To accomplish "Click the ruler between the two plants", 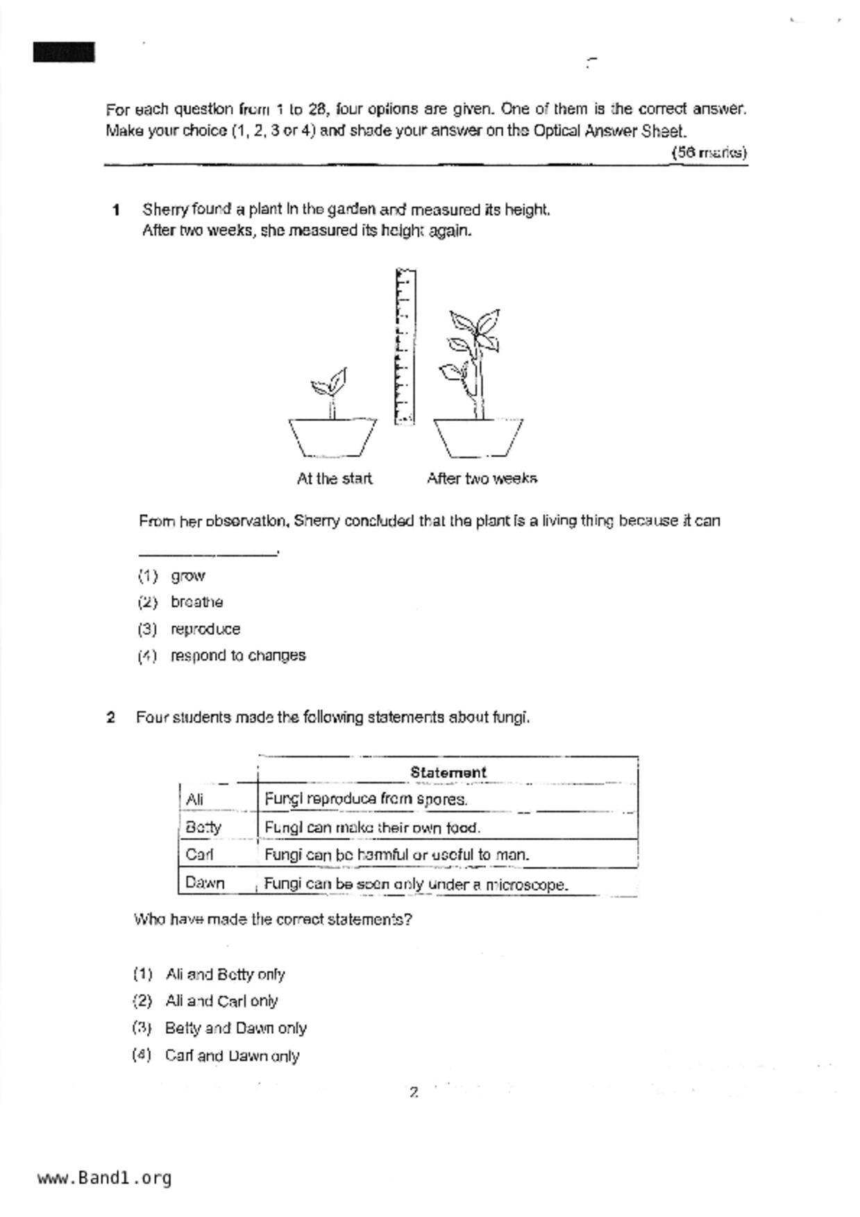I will [x=405, y=346].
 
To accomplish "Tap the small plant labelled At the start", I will [x=330, y=393].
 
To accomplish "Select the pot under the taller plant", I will [x=478, y=437].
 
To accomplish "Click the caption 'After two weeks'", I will [x=482, y=479].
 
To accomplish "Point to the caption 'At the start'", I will [x=335, y=479].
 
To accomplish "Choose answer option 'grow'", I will [x=188, y=576].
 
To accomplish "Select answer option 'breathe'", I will [x=196, y=602].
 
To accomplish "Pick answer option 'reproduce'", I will [x=205, y=629].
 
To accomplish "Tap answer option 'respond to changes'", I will [x=238, y=656].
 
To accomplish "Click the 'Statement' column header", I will [x=448, y=772].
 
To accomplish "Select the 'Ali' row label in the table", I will [x=195, y=799].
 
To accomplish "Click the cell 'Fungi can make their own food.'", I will [x=372, y=828].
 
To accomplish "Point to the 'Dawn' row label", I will [x=205, y=883].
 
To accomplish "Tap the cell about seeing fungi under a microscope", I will [x=416, y=885].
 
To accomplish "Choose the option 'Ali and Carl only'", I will [x=221, y=1001].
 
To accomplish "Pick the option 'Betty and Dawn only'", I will [x=235, y=1028].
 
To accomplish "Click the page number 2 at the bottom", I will [x=414, y=1093].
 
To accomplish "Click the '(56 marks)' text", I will [x=709, y=153].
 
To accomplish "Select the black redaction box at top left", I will [x=64, y=53].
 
